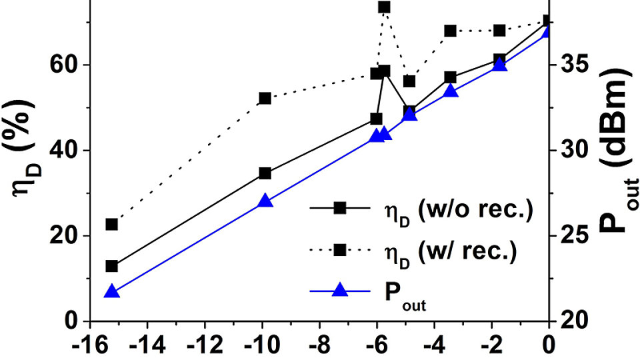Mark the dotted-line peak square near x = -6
tap(385, 7)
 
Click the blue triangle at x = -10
tap(265, 201)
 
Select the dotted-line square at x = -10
tap(265, 98)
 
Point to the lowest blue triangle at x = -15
tap(112, 291)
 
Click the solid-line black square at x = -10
tap(265, 173)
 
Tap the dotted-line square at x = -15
tap(112, 225)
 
